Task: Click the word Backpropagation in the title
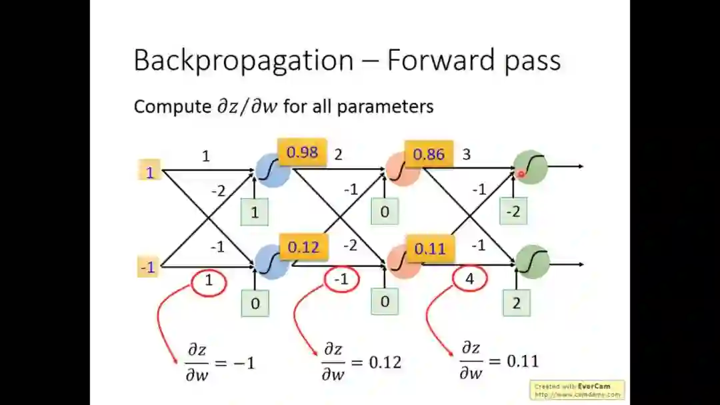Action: click(x=244, y=60)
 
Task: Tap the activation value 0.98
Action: click(x=302, y=152)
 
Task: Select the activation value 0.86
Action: click(x=428, y=154)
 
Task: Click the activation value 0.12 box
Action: click(x=303, y=247)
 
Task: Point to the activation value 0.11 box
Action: click(x=429, y=248)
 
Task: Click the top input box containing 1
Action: click(x=150, y=172)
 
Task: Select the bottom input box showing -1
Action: click(x=148, y=268)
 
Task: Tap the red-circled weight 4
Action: click(x=469, y=280)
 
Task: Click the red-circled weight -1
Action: click(x=341, y=280)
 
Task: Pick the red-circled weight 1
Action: click(x=209, y=281)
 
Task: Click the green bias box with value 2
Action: click(x=516, y=303)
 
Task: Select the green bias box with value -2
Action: click(x=513, y=212)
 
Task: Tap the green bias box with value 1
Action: click(x=255, y=213)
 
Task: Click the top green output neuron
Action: click(x=531, y=167)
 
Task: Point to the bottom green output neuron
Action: click(x=532, y=261)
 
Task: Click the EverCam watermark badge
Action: click(x=577, y=390)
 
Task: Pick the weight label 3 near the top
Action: click(x=466, y=155)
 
